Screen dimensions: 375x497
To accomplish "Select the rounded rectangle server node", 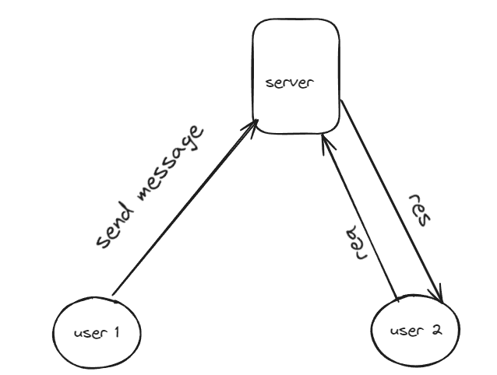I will (x=297, y=47).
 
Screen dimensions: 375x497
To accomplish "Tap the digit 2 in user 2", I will (x=436, y=329).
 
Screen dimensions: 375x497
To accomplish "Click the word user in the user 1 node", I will (x=88, y=334).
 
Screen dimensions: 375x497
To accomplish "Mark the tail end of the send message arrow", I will (x=114, y=295).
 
